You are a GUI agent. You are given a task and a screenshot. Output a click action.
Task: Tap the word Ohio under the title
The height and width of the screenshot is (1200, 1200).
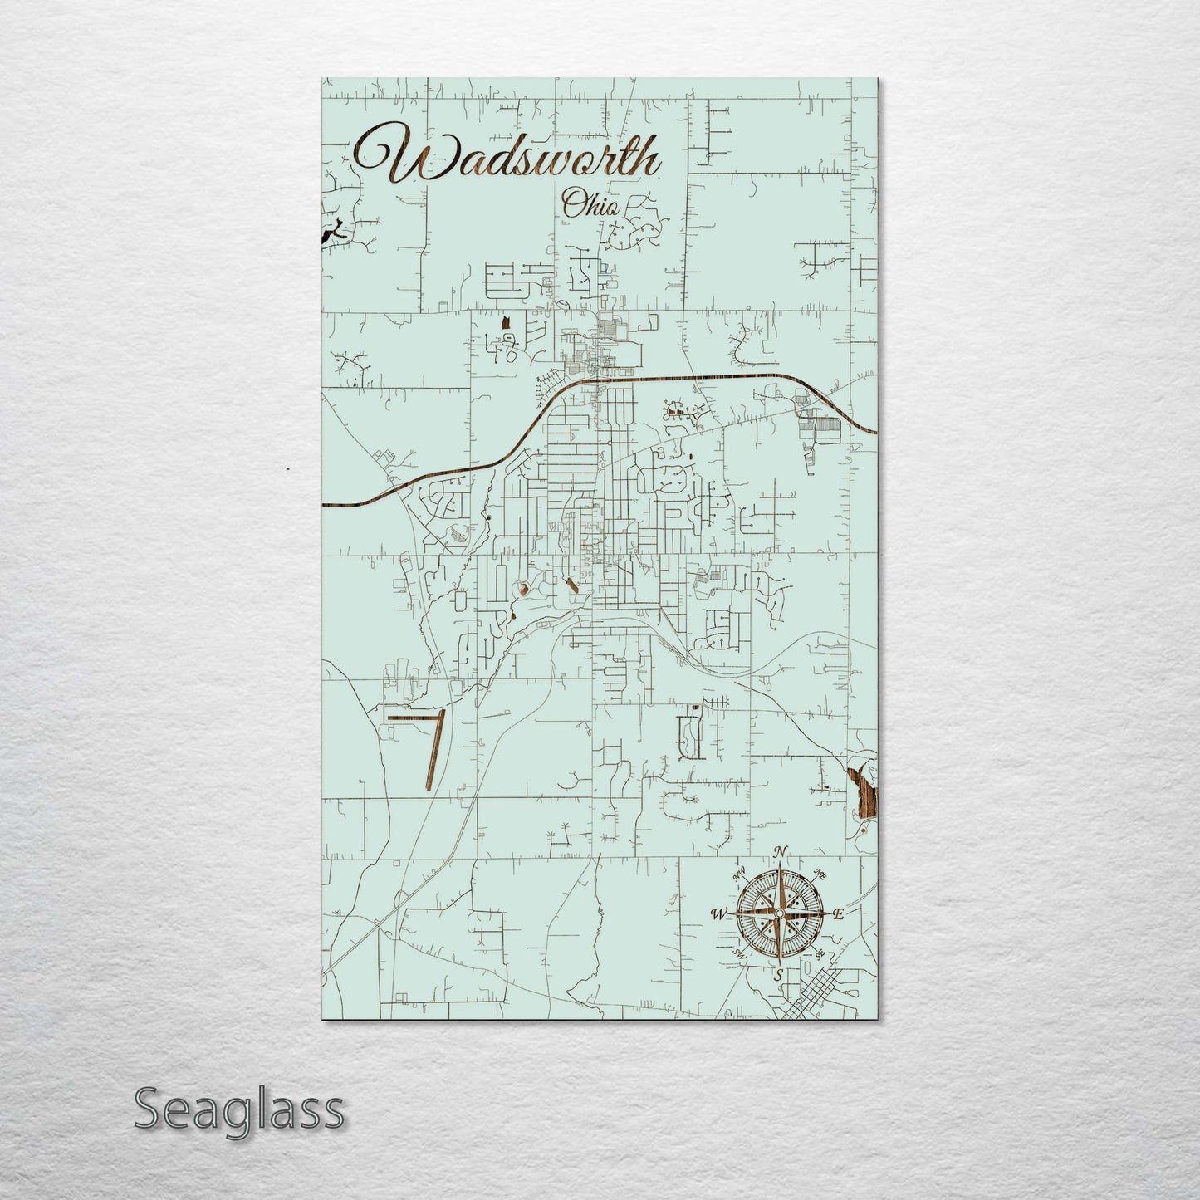590,204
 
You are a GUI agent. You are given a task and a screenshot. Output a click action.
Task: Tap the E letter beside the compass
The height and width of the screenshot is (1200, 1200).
839,914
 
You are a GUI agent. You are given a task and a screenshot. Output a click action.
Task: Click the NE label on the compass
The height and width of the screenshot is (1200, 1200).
820,874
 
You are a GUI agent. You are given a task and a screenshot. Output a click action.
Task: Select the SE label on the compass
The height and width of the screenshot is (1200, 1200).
820,955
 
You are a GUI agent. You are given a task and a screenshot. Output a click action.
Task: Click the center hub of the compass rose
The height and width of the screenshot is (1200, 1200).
779,913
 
